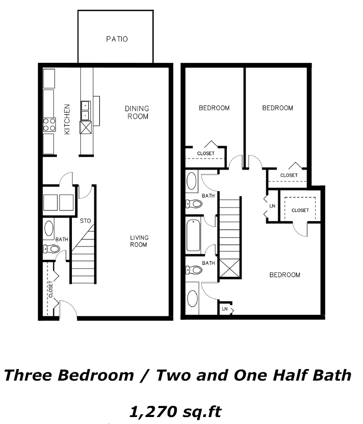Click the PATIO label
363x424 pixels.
pos(117,39)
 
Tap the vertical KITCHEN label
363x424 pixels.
pos(67,119)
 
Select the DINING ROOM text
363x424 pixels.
pos(137,113)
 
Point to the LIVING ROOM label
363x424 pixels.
pos(139,241)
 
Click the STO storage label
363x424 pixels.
pos(85,221)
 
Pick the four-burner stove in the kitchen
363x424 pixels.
pos(49,125)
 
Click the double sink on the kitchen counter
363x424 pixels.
pos(85,110)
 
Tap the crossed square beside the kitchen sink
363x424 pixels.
pos(85,127)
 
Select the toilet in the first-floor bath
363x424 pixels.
pos(51,248)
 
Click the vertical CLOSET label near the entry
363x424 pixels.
pos(50,289)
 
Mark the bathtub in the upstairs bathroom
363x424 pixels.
pos(193,235)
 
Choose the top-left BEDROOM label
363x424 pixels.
pos(214,108)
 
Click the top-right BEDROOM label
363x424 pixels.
pos(278,108)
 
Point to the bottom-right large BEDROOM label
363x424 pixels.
pos(285,275)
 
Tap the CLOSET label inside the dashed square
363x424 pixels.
pos(300,210)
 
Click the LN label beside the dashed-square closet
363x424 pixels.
pos(272,206)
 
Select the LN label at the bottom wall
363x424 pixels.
pos(225,309)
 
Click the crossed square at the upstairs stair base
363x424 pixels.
pos(230,268)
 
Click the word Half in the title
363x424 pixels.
pos(290,375)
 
